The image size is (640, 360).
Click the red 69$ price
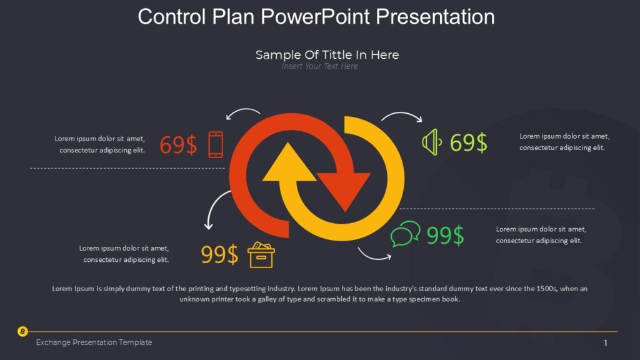tap(178, 145)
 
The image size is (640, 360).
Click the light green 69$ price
tap(468, 143)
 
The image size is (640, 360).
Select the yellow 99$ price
tap(219, 255)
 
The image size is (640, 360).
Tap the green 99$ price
tap(445, 236)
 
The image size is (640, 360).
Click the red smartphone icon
tap(216, 144)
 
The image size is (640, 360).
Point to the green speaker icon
tap(431, 142)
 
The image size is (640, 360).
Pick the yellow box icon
tap(261, 255)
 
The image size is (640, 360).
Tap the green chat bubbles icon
tap(405, 234)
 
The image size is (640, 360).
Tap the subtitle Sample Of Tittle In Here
tap(327, 55)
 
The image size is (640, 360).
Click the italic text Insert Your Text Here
tap(319, 66)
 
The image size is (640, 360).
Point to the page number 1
tap(605, 342)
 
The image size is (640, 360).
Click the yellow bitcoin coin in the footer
tap(22, 331)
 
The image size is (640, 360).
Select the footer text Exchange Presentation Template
tap(94, 342)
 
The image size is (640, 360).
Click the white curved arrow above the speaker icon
tap(402, 117)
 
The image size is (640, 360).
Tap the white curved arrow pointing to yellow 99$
tap(216, 209)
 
